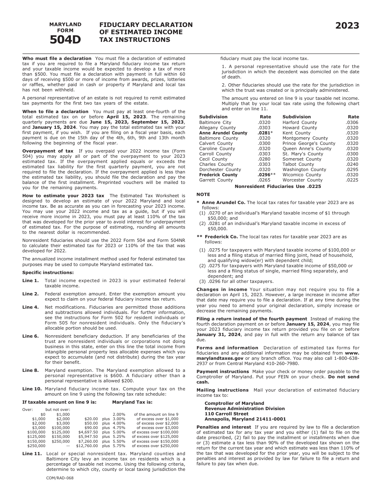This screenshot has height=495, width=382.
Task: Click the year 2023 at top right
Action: [347, 26]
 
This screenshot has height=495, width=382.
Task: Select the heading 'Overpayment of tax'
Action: [48, 151]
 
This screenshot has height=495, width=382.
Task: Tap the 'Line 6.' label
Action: [31, 336]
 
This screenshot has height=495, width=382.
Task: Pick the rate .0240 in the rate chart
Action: [352, 164]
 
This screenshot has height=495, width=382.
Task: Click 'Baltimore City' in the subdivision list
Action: [215, 122]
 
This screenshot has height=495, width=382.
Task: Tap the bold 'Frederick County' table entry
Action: [218, 175]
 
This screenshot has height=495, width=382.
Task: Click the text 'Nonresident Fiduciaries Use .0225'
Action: [278, 186]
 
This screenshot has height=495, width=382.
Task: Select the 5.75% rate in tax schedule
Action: [119, 445]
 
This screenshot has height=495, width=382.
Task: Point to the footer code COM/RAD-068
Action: [60, 478]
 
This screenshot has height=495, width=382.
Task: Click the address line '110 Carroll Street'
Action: [226, 414]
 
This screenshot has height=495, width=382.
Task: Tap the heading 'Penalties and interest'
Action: [223, 427]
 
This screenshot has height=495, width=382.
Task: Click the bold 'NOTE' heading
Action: [203, 194]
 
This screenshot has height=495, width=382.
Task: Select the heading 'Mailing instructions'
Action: [222, 390]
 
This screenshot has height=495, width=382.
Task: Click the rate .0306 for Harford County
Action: [352, 122]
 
